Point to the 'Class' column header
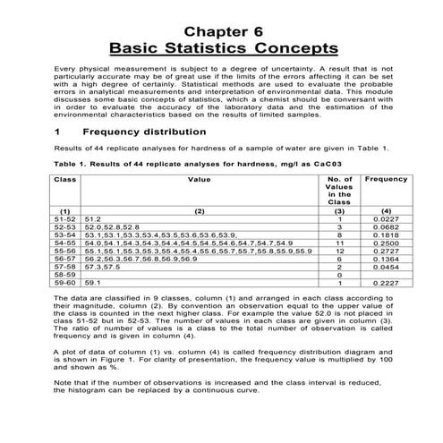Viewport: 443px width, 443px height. (x=64, y=179)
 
